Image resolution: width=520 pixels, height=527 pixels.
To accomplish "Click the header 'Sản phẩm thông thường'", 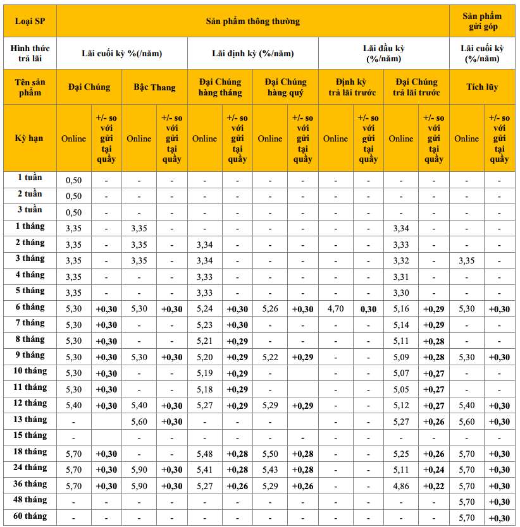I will pos(252,21).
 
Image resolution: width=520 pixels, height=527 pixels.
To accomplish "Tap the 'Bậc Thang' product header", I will pos(154,87).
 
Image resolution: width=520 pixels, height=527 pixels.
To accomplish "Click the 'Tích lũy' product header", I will pos(482,87).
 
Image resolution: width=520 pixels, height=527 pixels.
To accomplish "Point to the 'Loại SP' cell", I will pos(30,21).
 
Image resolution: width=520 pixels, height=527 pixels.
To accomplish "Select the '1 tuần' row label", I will pos(30,178).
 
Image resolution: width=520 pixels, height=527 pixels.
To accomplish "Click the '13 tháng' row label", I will pos(30,420).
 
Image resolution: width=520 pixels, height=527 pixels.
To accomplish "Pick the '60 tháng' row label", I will pos(30,516).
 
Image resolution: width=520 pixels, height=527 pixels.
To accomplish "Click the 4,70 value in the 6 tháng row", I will pos(335,309).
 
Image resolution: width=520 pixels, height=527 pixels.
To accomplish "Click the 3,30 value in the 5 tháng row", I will pos(401,293).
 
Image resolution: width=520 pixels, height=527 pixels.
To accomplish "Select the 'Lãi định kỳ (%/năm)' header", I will pos(252,53).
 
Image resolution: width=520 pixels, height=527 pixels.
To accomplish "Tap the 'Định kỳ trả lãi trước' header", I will pos(350,87).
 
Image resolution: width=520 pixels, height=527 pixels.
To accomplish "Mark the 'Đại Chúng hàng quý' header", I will pos(285,87).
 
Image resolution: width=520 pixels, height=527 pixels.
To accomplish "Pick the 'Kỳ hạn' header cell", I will pos(30,138).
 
